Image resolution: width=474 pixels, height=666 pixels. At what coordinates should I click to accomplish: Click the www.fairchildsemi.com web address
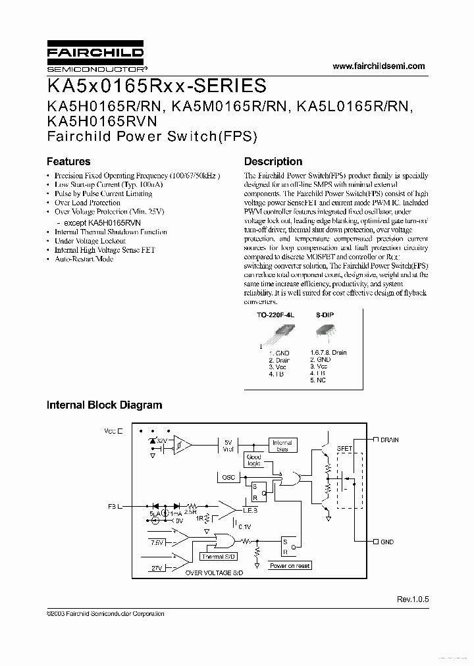click(379, 66)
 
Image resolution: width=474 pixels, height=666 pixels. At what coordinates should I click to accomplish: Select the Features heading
click(68, 161)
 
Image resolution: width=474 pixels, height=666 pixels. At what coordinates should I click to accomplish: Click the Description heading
click(273, 161)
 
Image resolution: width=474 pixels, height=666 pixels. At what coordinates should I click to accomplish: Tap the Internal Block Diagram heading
click(104, 405)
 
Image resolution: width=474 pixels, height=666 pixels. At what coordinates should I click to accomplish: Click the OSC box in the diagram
click(228, 477)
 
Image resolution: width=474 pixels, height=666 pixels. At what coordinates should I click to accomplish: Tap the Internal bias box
click(281, 446)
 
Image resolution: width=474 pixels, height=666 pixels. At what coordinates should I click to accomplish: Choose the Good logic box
click(253, 460)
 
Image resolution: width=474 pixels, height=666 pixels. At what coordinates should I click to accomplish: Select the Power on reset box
click(290, 565)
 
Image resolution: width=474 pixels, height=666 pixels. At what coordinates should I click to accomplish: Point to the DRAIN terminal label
click(389, 440)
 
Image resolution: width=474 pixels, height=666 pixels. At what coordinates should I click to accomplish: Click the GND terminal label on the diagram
click(386, 542)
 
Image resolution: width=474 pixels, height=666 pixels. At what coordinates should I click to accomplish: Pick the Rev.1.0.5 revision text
click(412, 600)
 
